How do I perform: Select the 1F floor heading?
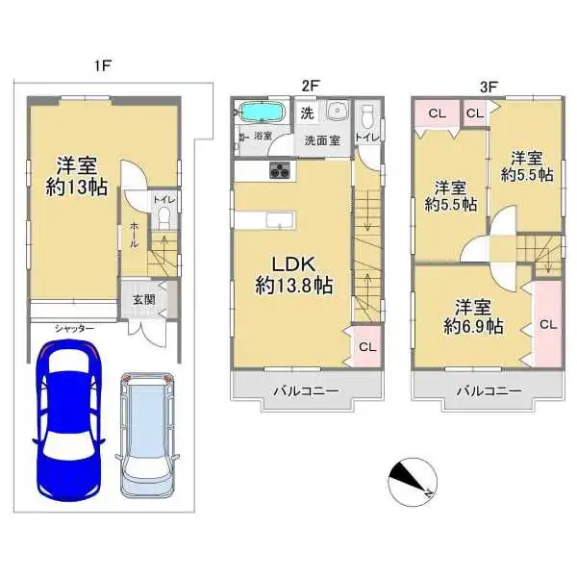[x=103, y=66]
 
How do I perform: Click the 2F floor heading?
[x=308, y=86]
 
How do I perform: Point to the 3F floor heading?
[x=489, y=86]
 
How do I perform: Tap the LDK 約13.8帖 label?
[x=293, y=273]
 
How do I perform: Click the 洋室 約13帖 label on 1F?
[x=76, y=174]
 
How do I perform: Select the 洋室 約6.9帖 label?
[x=473, y=316]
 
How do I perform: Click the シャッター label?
[x=74, y=329]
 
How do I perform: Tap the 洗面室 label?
[x=322, y=140]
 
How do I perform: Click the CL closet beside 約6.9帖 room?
[x=547, y=325]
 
